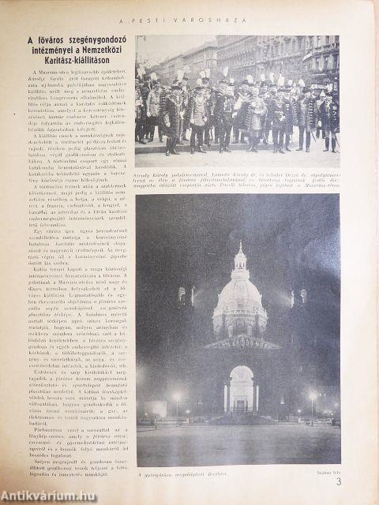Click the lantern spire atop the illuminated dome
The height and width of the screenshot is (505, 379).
(x=240, y=256)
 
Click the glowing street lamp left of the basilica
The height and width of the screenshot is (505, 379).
(x=176, y=397)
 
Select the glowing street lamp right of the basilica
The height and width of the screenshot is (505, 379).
(x=312, y=397)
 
